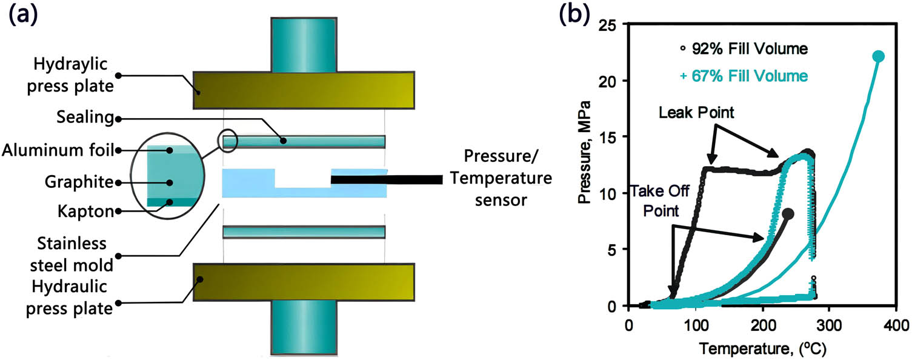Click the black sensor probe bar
click(386, 180)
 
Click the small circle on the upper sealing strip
click(228, 142)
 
